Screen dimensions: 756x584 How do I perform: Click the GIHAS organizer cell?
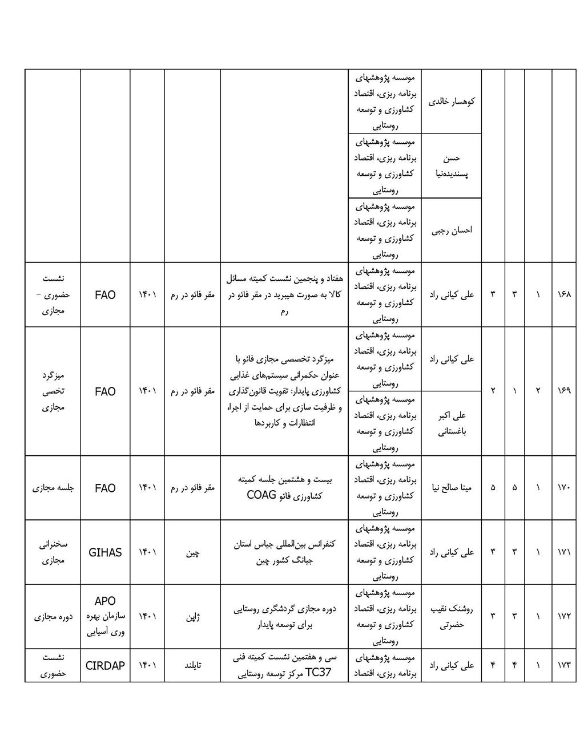pos(105,552)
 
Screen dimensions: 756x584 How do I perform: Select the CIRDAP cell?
pos(105,665)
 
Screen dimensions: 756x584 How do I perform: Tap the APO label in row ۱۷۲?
pos(105,601)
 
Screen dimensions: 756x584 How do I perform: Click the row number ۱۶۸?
pos(563,295)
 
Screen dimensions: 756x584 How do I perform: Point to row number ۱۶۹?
pos(563,391)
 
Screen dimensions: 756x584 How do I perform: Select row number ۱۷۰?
pos(563,488)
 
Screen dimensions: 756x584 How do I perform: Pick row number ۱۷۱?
pos(563,552)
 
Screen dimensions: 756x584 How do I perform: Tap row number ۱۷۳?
pos(563,665)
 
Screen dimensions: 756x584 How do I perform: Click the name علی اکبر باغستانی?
pos(452,423)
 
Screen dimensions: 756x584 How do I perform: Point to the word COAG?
pos(261,495)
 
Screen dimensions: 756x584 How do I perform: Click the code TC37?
pos(318,673)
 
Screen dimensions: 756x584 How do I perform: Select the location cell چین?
pos(192,553)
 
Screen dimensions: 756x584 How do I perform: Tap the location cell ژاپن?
pos(192,617)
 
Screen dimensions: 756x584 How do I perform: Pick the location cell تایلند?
pos(192,665)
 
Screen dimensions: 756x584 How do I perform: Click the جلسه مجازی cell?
pos(53,488)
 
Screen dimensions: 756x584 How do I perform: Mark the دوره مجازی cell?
pos(53,617)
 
